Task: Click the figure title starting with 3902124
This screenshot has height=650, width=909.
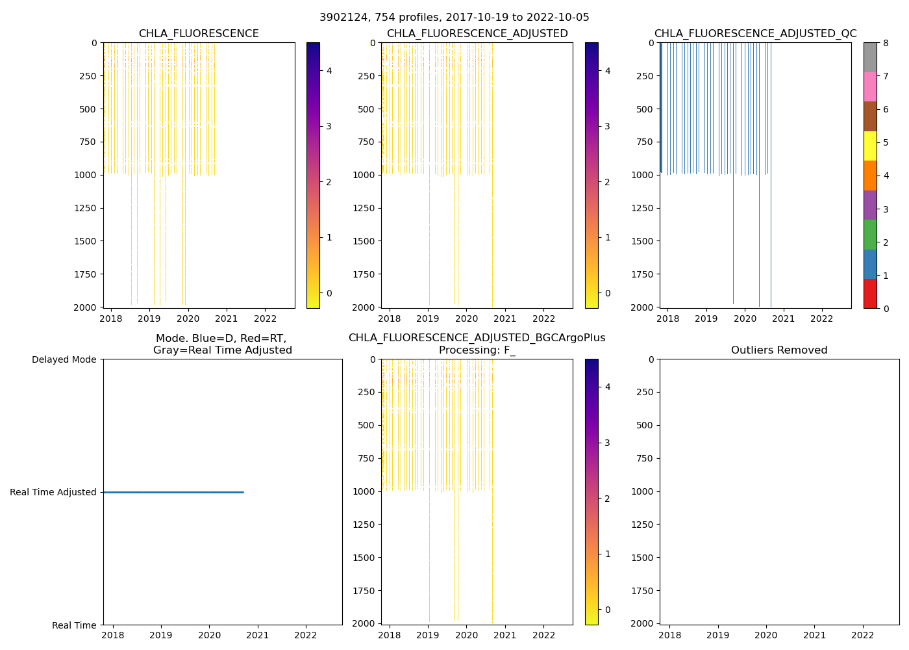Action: pyautogui.click(x=454, y=18)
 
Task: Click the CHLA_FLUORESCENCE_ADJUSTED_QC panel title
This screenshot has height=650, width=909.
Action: pyautogui.click(x=755, y=34)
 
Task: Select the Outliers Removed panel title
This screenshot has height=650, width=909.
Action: pyautogui.click(x=779, y=350)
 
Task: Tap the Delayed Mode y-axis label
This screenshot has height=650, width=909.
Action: pyautogui.click(x=64, y=359)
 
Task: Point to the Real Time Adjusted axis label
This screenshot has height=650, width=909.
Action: pyautogui.click(x=53, y=492)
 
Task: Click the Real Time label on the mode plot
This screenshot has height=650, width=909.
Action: pyautogui.click(x=74, y=625)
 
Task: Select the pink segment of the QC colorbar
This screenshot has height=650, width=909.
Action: pyautogui.click(x=870, y=86)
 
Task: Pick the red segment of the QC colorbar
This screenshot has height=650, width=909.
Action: pyautogui.click(x=870, y=293)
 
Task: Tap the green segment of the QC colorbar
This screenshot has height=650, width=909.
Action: pyautogui.click(x=870, y=234)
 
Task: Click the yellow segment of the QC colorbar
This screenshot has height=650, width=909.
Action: pyautogui.click(x=870, y=146)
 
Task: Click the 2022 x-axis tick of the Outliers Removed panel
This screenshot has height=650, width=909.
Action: pyautogui.click(x=863, y=635)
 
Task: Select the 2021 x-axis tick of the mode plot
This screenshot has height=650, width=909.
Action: pyautogui.click(x=258, y=635)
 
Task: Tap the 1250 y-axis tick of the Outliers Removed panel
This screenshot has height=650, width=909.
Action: pyautogui.click(x=644, y=525)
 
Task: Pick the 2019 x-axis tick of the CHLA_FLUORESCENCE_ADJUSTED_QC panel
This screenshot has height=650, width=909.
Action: pyautogui.click(x=706, y=318)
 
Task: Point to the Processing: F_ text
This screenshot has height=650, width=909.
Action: pyautogui.click(x=477, y=350)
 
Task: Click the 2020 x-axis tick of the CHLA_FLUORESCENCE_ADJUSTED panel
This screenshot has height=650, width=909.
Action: pyautogui.click(x=466, y=318)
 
